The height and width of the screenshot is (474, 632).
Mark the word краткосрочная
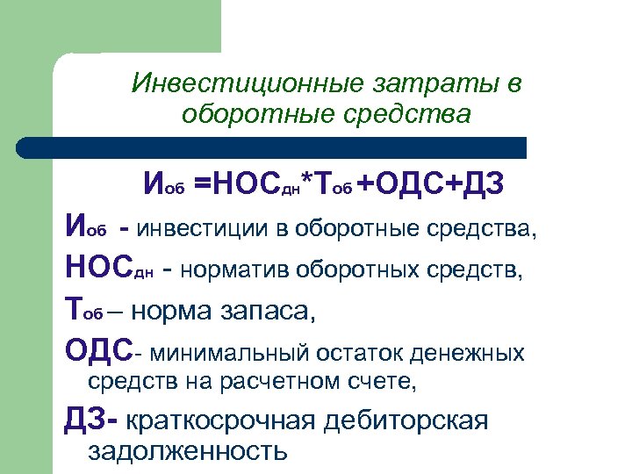click(x=220, y=420)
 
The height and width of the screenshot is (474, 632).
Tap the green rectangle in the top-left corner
click(x=110, y=26)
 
